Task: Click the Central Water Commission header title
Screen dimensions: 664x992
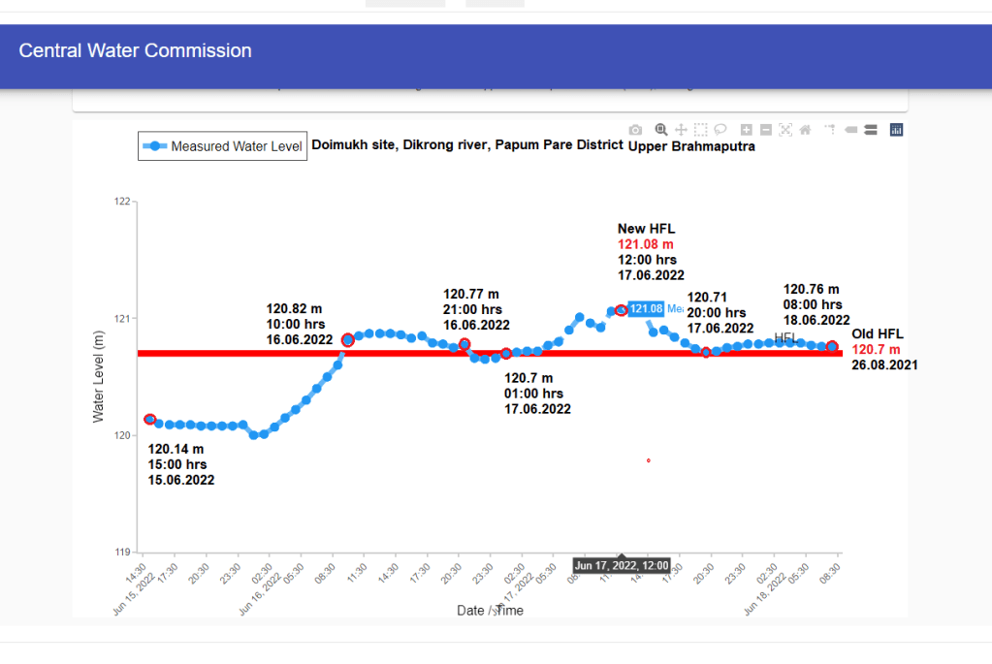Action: tap(135, 51)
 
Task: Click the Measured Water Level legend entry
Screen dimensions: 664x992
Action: tap(222, 146)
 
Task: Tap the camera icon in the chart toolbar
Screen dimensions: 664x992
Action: tap(635, 130)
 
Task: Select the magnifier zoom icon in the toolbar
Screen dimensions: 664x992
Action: tap(660, 130)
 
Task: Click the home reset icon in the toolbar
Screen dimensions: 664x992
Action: tap(805, 130)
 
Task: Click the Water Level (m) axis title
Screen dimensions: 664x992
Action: tap(98, 376)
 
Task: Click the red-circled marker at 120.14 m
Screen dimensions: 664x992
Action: tap(149, 419)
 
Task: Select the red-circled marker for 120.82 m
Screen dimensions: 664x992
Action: tap(348, 339)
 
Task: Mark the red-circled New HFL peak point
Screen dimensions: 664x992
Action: tap(621, 310)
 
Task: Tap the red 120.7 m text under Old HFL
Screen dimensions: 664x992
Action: tap(876, 349)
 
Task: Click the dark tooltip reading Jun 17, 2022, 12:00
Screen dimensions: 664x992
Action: tap(622, 565)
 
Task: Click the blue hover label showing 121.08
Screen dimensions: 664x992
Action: tap(646, 309)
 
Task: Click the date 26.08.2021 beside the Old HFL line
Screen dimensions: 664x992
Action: tap(884, 364)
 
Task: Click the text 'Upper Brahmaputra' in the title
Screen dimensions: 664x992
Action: tap(691, 147)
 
